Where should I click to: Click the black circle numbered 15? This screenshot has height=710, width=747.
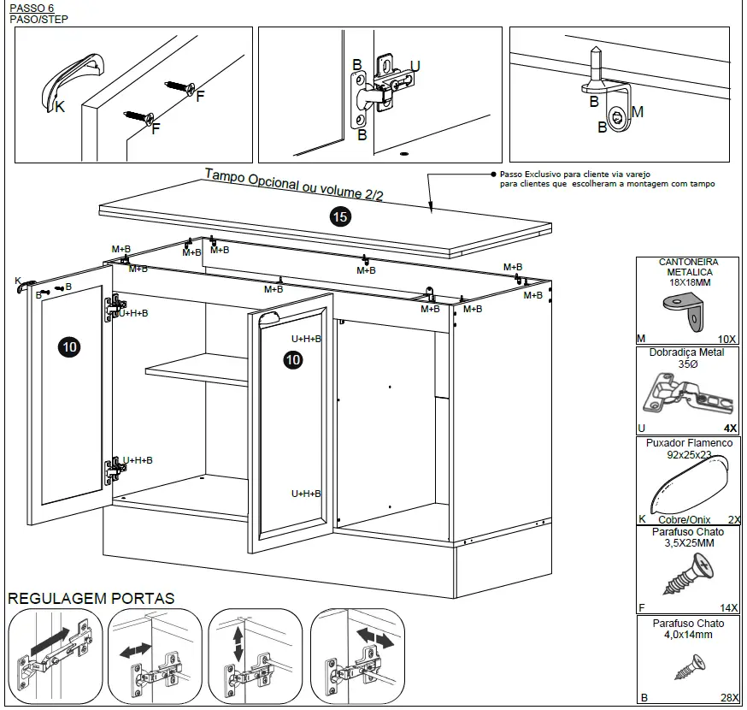tap(340, 217)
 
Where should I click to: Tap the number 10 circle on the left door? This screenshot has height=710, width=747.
tap(69, 346)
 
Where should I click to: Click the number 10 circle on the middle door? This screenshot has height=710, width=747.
tap(293, 360)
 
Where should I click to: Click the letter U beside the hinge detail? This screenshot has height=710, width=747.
tap(415, 66)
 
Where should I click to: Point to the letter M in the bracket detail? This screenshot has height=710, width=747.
tap(637, 112)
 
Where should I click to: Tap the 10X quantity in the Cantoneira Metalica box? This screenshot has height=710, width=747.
tap(727, 339)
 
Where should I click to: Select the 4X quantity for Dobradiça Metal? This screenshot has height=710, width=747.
tap(730, 428)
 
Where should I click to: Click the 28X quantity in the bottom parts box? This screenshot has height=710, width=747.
tap(728, 697)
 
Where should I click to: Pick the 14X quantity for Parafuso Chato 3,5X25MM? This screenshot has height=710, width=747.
tap(728, 607)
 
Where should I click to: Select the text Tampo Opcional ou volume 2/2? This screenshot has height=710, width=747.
tap(294, 183)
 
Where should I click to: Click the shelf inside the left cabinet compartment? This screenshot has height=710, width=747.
tap(197, 370)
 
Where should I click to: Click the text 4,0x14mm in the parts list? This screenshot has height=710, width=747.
tap(689, 635)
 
